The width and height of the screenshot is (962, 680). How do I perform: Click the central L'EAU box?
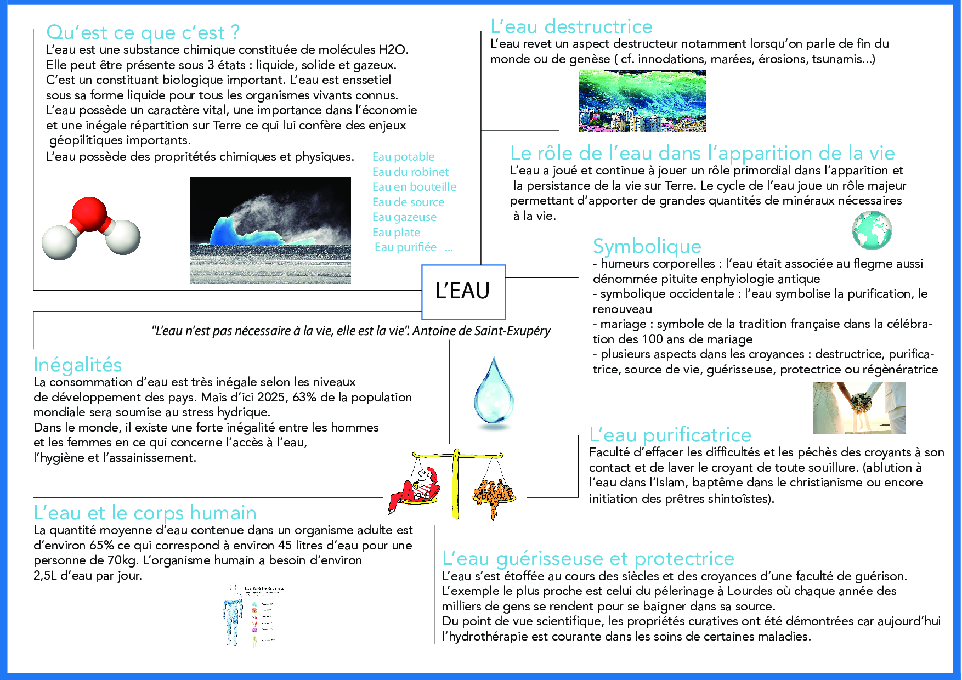pos(462,291)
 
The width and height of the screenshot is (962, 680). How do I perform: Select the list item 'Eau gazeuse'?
pos(404,217)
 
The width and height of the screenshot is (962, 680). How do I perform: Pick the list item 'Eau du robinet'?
pos(410,172)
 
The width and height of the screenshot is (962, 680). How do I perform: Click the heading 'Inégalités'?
pos(77,365)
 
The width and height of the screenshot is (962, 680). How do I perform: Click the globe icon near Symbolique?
pos(872,231)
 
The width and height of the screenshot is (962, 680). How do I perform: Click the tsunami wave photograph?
pos(642,100)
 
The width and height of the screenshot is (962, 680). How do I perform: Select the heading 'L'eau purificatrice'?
pos(670,435)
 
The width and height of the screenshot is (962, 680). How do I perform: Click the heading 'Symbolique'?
pos(647,246)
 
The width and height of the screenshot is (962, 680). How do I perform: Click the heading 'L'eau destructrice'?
pos(571,26)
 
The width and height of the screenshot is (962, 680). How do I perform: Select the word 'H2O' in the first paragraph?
pos(392,50)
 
